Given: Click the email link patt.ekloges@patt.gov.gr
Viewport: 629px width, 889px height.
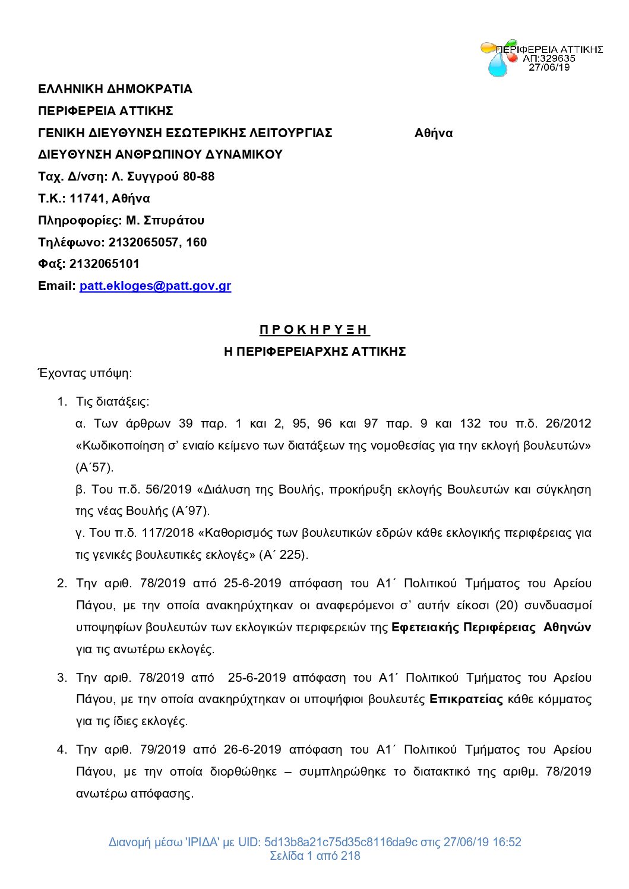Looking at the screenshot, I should click(155, 286).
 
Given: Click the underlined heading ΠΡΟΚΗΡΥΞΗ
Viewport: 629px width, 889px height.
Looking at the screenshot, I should click(314, 330).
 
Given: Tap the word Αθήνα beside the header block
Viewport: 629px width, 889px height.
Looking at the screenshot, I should click(433, 133).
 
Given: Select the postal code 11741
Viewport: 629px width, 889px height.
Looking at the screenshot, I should click(87, 198).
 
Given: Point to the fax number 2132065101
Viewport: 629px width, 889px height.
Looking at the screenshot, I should click(104, 264).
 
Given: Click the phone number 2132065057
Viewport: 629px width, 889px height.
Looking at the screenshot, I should click(144, 242).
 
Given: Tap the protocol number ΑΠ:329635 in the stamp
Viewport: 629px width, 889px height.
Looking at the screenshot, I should click(549, 58).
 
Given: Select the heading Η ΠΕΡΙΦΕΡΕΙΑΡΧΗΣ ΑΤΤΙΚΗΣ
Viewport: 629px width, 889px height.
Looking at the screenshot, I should click(314, 352).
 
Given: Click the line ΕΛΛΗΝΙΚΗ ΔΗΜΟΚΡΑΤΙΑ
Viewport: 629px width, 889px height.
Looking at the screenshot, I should click(115, 89).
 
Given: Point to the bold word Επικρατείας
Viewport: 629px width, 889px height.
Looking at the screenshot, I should click(466, 699).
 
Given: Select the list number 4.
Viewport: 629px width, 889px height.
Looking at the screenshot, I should click(62, 749).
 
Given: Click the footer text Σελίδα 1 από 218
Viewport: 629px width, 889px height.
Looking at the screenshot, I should click(314, 856).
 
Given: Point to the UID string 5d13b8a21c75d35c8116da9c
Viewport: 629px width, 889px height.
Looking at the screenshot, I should click(340, 842).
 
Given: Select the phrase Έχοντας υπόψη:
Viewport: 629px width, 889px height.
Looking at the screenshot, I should click(85, 373).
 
